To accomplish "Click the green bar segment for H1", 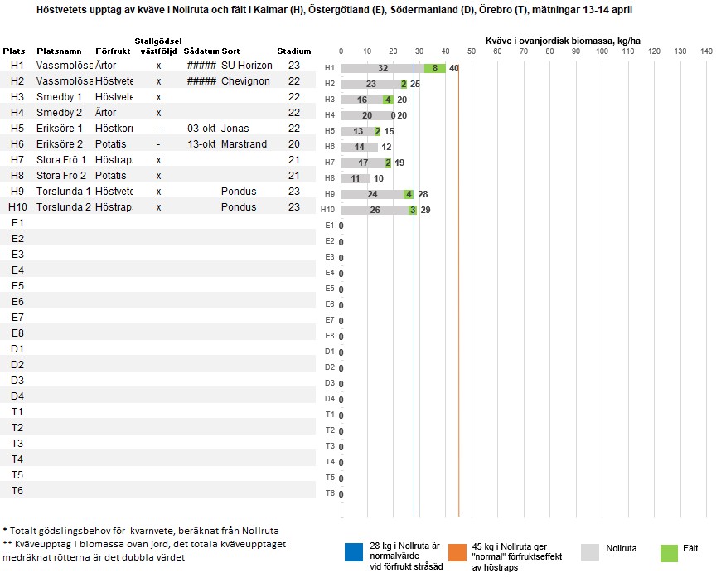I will (435, 68).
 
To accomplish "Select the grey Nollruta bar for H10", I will (375, 210).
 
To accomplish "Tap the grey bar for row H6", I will (359, 147).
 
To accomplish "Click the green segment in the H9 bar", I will (409, 194).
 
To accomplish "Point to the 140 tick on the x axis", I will (706, 51).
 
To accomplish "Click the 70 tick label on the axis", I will (524, 51).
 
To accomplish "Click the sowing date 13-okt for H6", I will (201, 144).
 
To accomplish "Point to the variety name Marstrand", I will (244, 144).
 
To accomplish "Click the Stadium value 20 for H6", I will (294, 144).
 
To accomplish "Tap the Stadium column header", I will (294, 51).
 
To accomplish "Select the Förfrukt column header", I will (113, 51).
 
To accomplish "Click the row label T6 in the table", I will (17, 491).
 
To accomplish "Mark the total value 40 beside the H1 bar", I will (454, 68).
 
